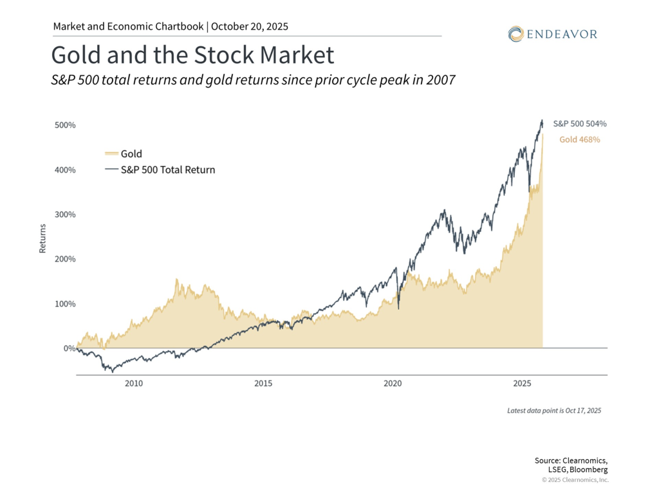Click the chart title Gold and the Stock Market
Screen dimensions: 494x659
coord(192,55)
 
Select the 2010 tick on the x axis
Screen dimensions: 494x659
coord(134,384)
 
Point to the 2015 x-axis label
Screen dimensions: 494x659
coord(263,384)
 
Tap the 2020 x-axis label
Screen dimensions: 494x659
coord(393,384)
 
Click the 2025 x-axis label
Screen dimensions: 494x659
coord(522,384)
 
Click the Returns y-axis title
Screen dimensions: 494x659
coord(42,238)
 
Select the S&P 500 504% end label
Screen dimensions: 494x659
coord(580,124)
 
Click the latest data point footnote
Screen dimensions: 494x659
coord(553,410)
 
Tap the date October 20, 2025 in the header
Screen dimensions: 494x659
coord(250,27)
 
